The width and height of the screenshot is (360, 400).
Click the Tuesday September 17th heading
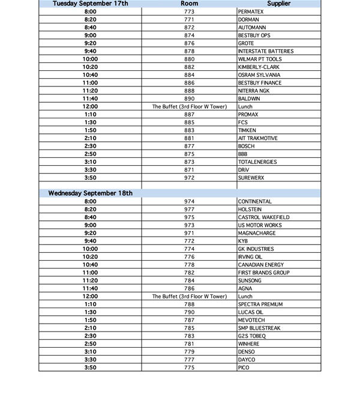(x=91, y=4)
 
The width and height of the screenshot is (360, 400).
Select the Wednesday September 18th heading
(x=91, y=193)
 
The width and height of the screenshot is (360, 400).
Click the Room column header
(x=190, y=4)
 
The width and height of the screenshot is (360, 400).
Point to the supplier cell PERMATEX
(x=250, y=11)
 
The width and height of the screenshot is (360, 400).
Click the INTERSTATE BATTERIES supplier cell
(x=266, y=51)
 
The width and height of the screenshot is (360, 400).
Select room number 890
(x=190, y=98)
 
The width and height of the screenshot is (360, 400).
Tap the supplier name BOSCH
(x=246, y=146)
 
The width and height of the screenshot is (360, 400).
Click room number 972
(x=190, y=178)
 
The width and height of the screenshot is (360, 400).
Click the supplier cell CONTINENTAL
(x=254, y=201)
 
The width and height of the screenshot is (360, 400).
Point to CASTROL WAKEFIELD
(x=263, y=217)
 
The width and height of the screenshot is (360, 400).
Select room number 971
(x=190, y=233)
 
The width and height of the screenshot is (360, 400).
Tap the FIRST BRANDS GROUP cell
(x=263, y=273)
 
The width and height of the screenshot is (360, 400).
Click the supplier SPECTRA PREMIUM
(x=260, y=305)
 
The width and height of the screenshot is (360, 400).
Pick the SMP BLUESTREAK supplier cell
(x=259, y=328)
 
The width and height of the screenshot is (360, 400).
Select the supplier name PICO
(x=243, y=368)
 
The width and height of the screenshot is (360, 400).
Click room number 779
(x=190, y=351)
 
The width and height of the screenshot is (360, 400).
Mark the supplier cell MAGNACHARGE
(x=257, y=233)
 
